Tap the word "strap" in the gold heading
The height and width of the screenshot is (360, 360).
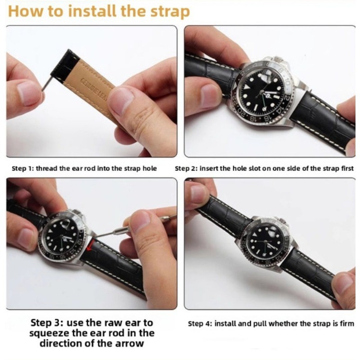coord(170,12)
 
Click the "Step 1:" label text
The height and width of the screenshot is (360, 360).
coord(23,168)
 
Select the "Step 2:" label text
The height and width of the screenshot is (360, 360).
coord(186,168)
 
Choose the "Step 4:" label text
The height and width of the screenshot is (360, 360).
coord(200,324)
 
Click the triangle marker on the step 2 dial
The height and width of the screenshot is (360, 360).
coord(246,87)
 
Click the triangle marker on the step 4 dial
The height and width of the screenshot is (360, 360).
coord(255,235)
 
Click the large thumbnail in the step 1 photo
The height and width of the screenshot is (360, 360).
coord(121,101)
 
